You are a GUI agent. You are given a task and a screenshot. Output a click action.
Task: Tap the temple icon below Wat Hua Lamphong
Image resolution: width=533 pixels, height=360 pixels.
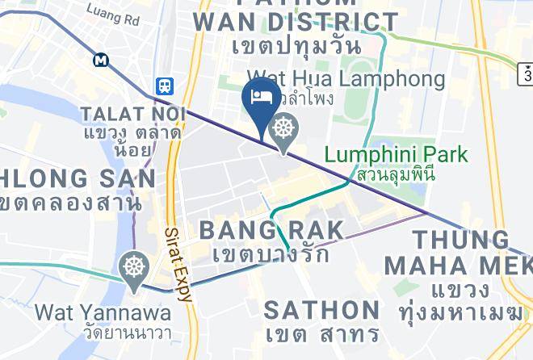coord(283,130)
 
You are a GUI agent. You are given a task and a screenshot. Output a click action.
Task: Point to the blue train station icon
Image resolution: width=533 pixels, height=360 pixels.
coord(164,85)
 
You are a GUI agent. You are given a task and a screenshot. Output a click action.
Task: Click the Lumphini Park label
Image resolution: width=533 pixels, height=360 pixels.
coord(397,153)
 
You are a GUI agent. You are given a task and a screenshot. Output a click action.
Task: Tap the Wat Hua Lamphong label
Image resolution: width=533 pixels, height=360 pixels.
coord(346,79)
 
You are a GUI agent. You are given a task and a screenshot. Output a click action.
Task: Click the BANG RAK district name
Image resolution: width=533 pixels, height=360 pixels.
coord(271,230)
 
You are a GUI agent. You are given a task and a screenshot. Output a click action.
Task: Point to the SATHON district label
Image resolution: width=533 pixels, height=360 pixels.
coord(322,309)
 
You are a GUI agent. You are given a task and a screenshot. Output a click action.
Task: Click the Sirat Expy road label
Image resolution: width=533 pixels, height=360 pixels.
coord(180,263)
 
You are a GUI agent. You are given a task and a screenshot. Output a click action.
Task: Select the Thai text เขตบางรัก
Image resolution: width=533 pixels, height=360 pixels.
coord(271,254)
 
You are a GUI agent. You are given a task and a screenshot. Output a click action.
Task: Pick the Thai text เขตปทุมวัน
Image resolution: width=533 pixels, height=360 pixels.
coord(296,45)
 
